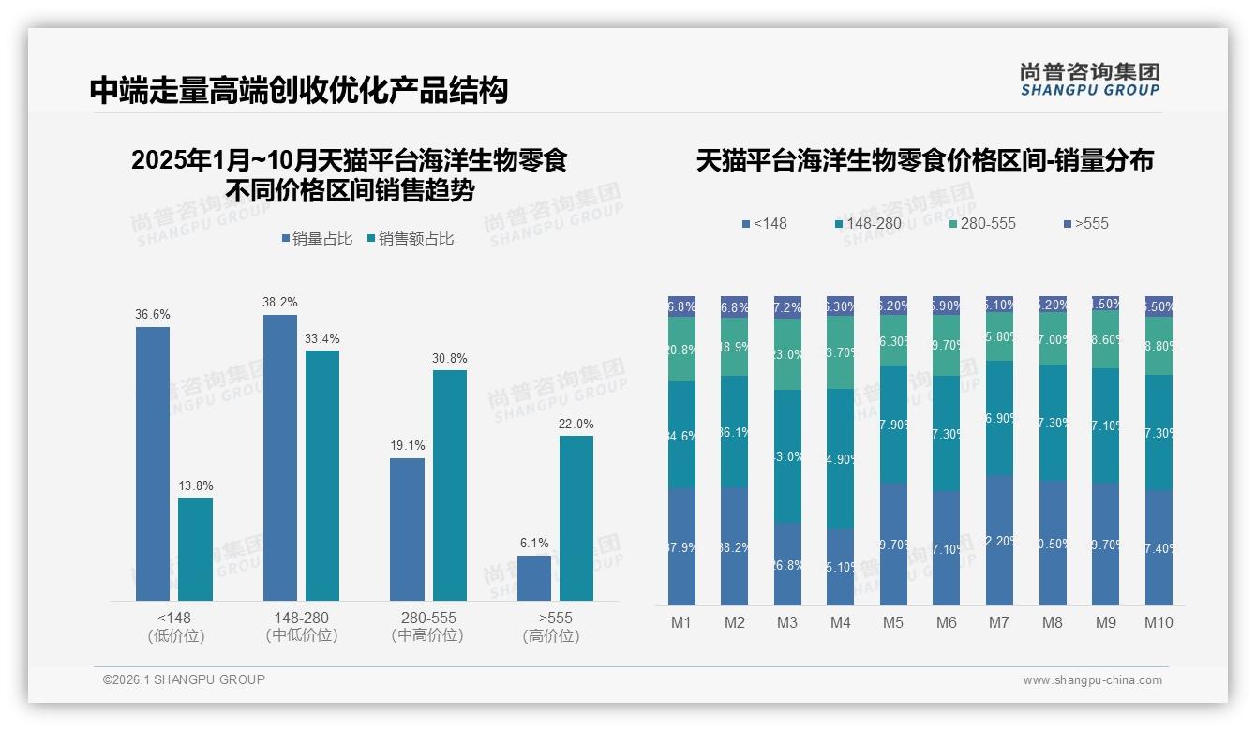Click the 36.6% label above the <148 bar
point(153,315)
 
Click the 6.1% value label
point(534,544)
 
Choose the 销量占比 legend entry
point(318,239)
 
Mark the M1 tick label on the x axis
point(681,622)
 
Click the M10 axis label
point(1159,622)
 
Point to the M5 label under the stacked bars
point(893,622)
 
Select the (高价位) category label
point(551,635)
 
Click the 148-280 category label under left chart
point(302,619)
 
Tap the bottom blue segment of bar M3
point(787,563)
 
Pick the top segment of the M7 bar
point(999,304)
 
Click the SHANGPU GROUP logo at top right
point(1089,80)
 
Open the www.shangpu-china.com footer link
point(1092,680)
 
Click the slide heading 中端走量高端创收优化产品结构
point(299,90)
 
